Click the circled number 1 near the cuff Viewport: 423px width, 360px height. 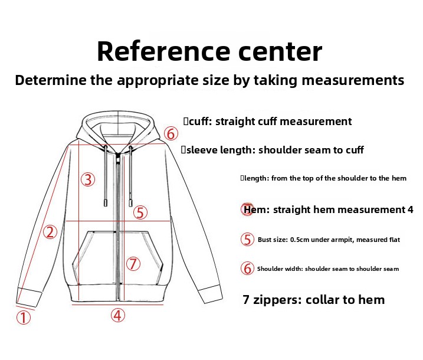[x=24, y=318]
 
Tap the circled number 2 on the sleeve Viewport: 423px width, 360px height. [x=50, y=232]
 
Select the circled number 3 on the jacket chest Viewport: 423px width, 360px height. [x=88, y=179]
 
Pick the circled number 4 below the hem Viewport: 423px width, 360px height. [x=118, y=315]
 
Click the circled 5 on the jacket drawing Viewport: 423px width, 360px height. [x=140, y=212]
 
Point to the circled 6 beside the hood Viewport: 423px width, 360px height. [x=171, y=133]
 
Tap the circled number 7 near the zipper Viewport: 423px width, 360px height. [x=133, y=264]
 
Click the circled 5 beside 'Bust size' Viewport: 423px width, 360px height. [x=247, y=240]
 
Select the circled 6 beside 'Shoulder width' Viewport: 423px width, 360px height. [x=247, y=269]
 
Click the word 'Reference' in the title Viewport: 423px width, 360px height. [x=163, y=51]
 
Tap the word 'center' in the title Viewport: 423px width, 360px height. [x=281, y=52]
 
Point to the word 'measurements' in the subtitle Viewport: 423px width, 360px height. [x=353, y=80]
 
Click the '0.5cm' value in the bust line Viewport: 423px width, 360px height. [x=300, y=240]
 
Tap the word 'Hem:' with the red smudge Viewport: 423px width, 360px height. [x=257, y=210]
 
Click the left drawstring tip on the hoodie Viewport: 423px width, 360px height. [x=106, y=202]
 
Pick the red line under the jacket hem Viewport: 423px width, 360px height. [x=117, y=305]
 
